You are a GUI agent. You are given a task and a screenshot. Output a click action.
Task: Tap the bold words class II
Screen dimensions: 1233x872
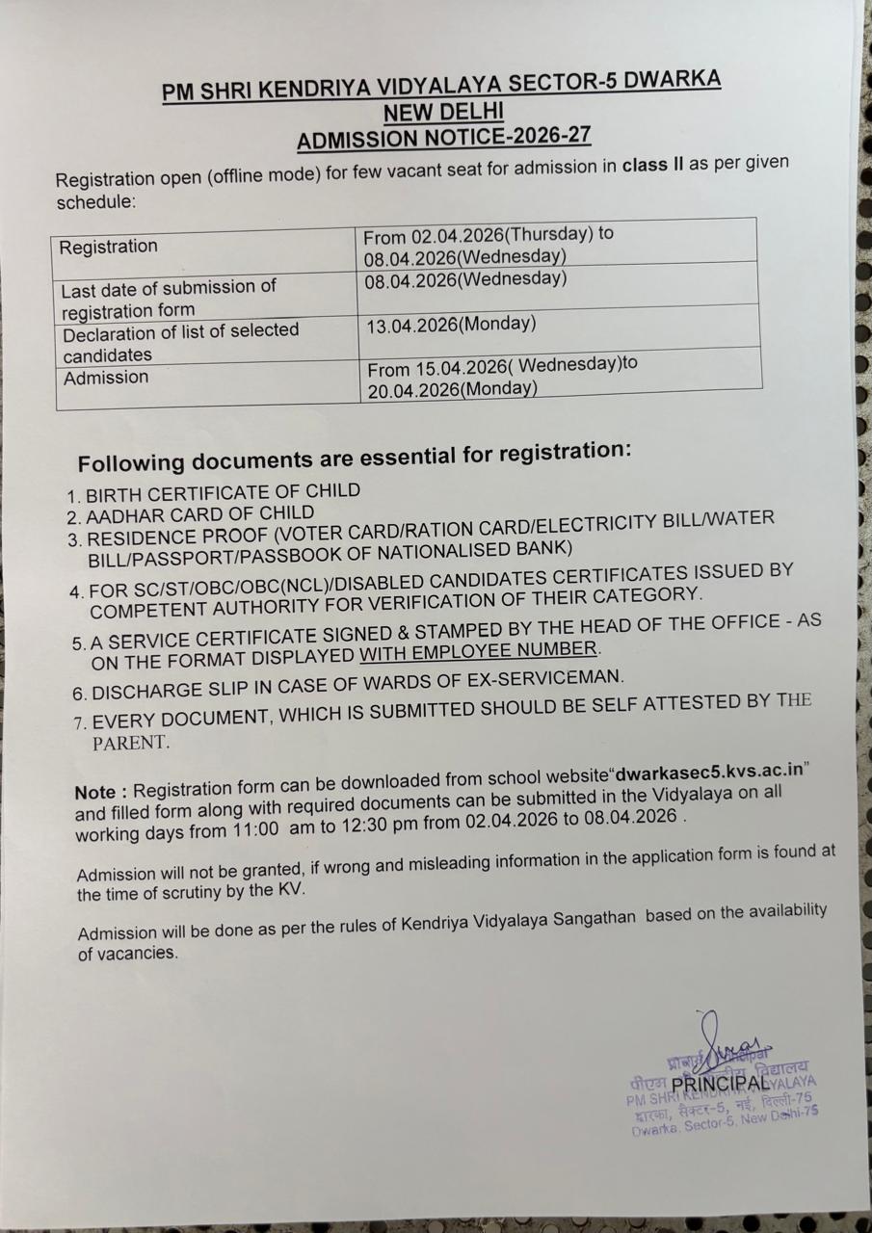[x=652, y=166]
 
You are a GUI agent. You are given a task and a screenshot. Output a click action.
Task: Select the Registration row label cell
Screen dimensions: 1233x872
[x=109, y=247]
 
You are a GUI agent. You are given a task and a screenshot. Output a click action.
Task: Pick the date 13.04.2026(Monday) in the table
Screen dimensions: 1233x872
[x=451, y=325]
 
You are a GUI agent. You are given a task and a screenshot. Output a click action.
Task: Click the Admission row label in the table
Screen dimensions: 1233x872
[x=106, y=378]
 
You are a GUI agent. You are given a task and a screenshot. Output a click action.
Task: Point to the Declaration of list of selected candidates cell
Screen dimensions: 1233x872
[x=181, y=342]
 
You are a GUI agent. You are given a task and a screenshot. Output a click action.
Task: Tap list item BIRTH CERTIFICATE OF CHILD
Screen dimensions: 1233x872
[x=223, y=493]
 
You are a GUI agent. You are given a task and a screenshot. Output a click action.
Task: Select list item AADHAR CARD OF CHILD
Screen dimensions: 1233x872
[x=199, y=515]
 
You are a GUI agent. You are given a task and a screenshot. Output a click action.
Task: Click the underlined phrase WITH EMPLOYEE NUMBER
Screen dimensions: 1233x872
[x=479, y=652]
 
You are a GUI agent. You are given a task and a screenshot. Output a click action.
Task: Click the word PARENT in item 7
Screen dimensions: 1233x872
[x=130, y=743]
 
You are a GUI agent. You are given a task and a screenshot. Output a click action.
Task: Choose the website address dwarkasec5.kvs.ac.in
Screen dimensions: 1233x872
[x=710, y=774]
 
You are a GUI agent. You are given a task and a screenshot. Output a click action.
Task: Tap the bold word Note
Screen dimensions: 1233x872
[x=95, y=793]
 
